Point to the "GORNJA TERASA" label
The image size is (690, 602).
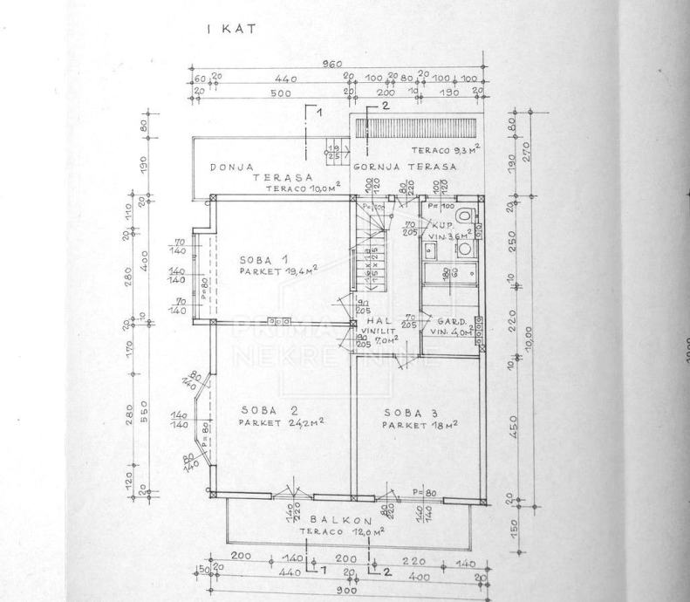406,166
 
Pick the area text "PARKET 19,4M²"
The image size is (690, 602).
278,271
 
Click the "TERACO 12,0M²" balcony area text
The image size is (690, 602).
341,530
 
